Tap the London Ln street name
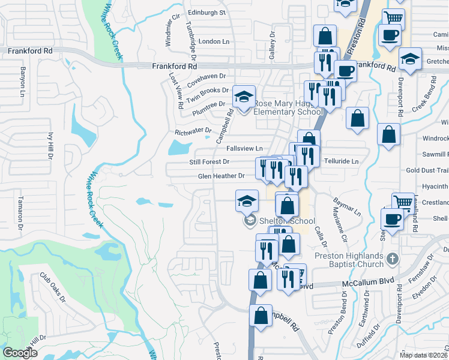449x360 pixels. (x=214, y=41)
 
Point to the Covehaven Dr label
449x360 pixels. (x=206, y=77)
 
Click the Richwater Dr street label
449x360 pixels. (x=193, y=130)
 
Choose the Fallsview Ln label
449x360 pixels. (x=244, y=148)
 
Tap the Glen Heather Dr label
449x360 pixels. (x=221, y=176)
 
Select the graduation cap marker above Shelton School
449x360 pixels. (x=247, y=202)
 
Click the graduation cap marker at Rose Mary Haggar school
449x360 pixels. (x=244, y=97)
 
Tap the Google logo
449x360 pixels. (x=20, y=352)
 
